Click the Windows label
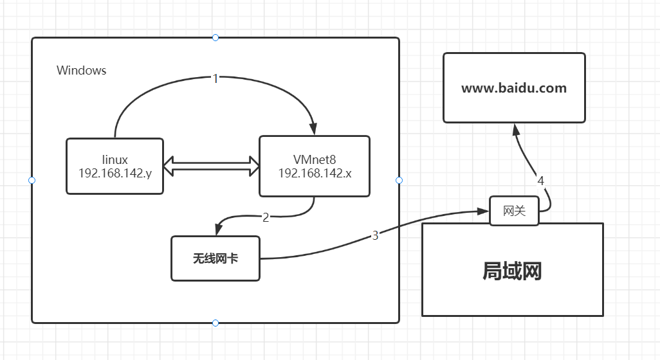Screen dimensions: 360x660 [82, 71]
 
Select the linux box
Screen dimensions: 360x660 [115, 166]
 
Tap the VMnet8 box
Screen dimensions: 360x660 [314, 166]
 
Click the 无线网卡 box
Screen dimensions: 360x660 [215, 258]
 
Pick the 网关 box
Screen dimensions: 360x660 [514, 211]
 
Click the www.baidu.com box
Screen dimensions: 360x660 [514, 88]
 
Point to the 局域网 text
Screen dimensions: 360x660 [512, 271]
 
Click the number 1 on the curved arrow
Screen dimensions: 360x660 [215, 78]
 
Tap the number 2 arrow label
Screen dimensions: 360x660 [266, 217]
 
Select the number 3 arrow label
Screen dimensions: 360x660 [375, 235]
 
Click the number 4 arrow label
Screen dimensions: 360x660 [541, 181]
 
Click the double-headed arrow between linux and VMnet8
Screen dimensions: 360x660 [211, 166]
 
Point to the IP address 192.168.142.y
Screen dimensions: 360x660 [115, 173]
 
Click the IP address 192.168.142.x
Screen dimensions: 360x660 [314, 173]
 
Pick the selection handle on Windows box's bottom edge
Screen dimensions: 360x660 [215, 323]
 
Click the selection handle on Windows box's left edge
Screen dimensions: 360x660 [32, 180]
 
